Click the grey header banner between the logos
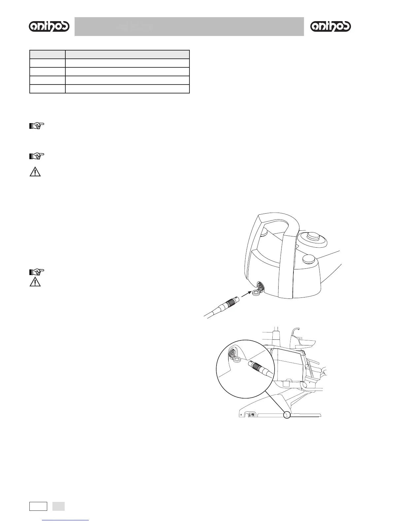189,26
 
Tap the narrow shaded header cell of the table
48,54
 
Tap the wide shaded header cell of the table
127,54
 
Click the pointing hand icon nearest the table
36,126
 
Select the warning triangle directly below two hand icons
35,172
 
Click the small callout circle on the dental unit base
287,415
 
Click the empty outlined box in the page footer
38,506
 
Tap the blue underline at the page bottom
66,520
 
